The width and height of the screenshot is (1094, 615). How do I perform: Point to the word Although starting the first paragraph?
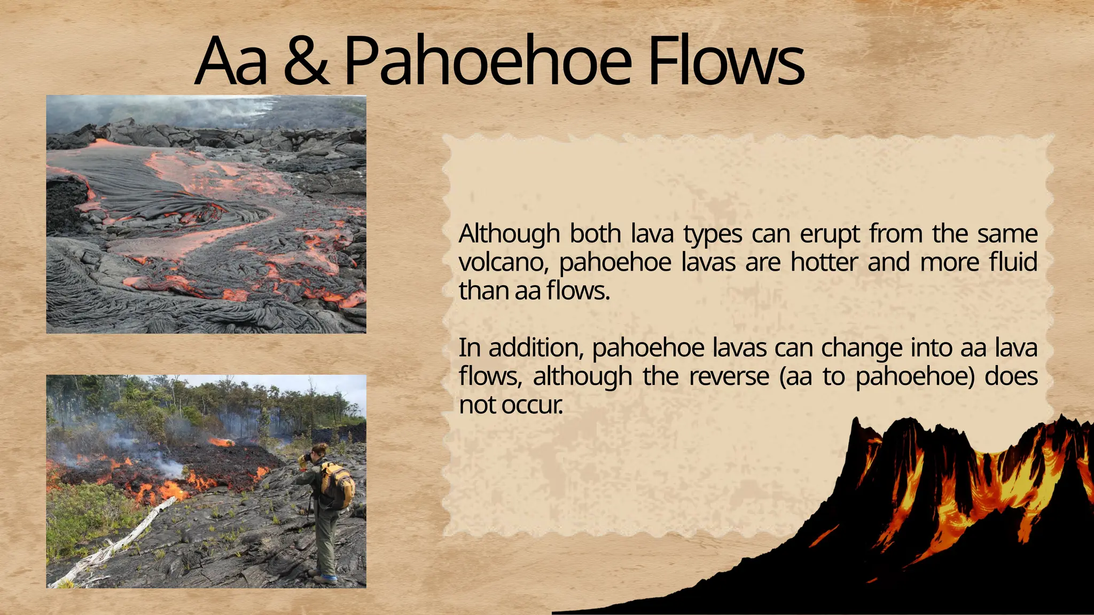[x=509, y=234]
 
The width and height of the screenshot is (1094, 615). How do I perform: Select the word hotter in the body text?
[x=824, y=263]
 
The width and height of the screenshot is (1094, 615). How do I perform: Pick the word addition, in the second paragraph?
[x=535, y=348]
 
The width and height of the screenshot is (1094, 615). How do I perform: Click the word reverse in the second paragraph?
[x=729, y=376]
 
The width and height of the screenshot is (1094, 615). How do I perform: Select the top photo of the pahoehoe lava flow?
[x=206, y=215]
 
